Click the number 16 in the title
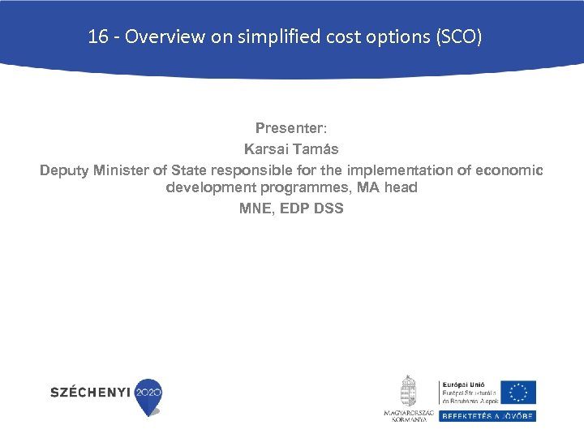click(x=97, y=36)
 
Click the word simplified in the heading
click(x=275, y=36)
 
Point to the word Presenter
click(x=290, y=128)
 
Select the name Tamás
click(x=316, y=149)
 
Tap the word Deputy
click(x=65, y=170)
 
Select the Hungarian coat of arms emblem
click(x=409, y=390)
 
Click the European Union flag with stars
click(x=518, y=392)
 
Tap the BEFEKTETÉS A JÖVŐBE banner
click(x=487, y=415)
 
